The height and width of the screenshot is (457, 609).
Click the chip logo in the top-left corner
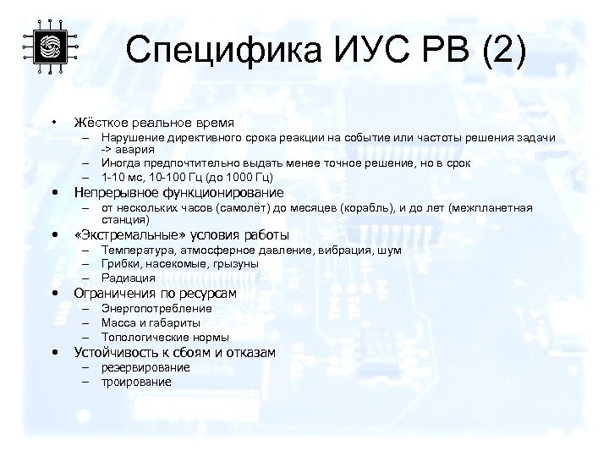pos(48,46)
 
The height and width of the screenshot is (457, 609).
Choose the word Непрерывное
pos(117,192)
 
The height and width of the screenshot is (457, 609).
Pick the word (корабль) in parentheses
pos(376,207)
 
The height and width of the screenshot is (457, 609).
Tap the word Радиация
pos(128,277)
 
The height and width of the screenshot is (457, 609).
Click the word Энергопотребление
pos(156,309)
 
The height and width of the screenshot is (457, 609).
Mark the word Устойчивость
pos(115,352)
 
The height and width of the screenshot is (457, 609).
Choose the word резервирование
pos(145,368)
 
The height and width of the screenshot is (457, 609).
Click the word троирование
pos(136,382)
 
